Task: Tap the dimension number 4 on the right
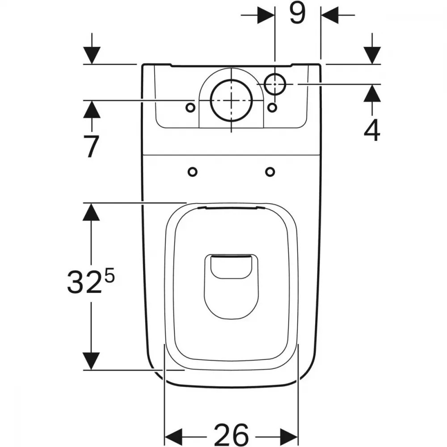tap(372, 130)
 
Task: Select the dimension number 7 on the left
tap(91, 146)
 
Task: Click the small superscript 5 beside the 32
tap(110, 277)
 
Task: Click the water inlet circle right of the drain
tap(275, 84)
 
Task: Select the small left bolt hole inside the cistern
tap(190, 108)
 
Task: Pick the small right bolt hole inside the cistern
tap(273, 107)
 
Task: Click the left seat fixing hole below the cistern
tap(192, 172)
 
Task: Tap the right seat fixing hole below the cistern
tap(270, 172)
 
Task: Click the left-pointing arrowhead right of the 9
tap(329, 15)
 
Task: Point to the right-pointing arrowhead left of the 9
tap(266, 15)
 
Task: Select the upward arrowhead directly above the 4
tap(372, 93)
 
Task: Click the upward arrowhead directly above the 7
tap(92, 109)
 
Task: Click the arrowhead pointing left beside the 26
tap(173, 436)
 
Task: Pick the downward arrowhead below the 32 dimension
tap(91, 361)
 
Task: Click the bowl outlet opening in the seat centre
tap(231, 286)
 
